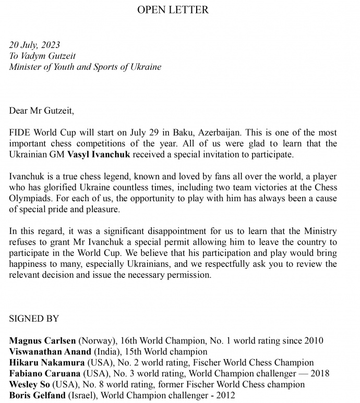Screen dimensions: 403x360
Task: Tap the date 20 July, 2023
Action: tap(34, 45)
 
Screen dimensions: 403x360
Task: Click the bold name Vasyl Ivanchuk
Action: tap(99, 154)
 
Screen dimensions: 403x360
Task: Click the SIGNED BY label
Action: tap(34, 319)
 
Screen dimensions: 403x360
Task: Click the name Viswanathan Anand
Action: tap(50, 352)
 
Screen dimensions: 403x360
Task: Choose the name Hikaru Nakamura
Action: tap(45, 363)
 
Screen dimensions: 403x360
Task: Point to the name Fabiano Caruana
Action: tap(44, 374)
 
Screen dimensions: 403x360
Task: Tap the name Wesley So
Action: tap(29, 385)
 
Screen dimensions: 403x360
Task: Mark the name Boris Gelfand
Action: tap(38, 396)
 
